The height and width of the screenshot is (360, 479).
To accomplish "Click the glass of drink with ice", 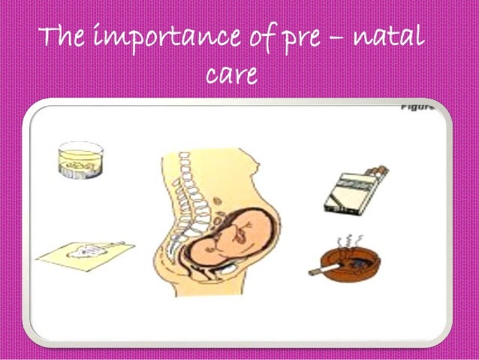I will tap(80, 162).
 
